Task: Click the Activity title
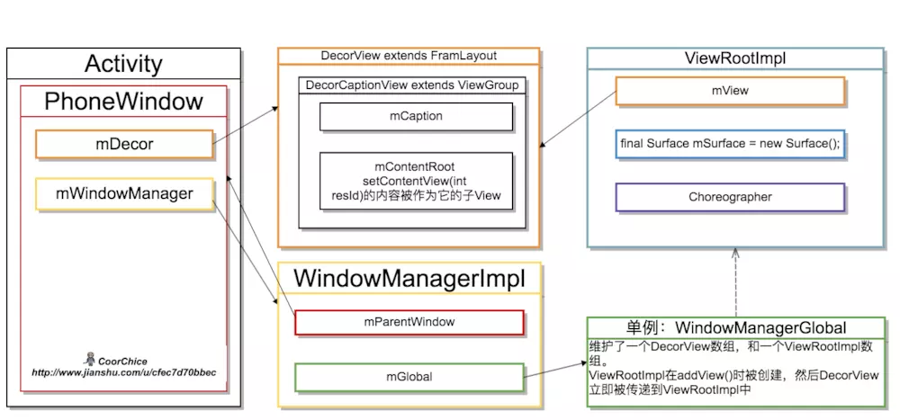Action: pos(123,64)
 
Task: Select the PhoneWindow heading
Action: pos(123,102)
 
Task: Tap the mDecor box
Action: pos(124,144)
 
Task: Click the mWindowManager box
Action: pos(124,194)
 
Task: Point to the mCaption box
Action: pos(416,117)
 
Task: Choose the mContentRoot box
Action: pos(416,182)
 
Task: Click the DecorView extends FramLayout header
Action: pos(409,56)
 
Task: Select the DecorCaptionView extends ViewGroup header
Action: pos(412,85)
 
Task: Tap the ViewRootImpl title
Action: pos(735,59)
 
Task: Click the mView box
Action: pos(730,91)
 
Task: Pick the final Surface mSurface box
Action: pos(730,144)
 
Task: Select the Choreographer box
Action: pos(730,197)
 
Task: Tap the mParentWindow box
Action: pos(409,323)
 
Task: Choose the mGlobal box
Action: pos(409,377)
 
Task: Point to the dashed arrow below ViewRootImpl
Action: pos(735,282)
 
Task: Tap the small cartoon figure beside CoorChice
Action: pos(89,360)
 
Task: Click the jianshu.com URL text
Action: pos(124,373)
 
